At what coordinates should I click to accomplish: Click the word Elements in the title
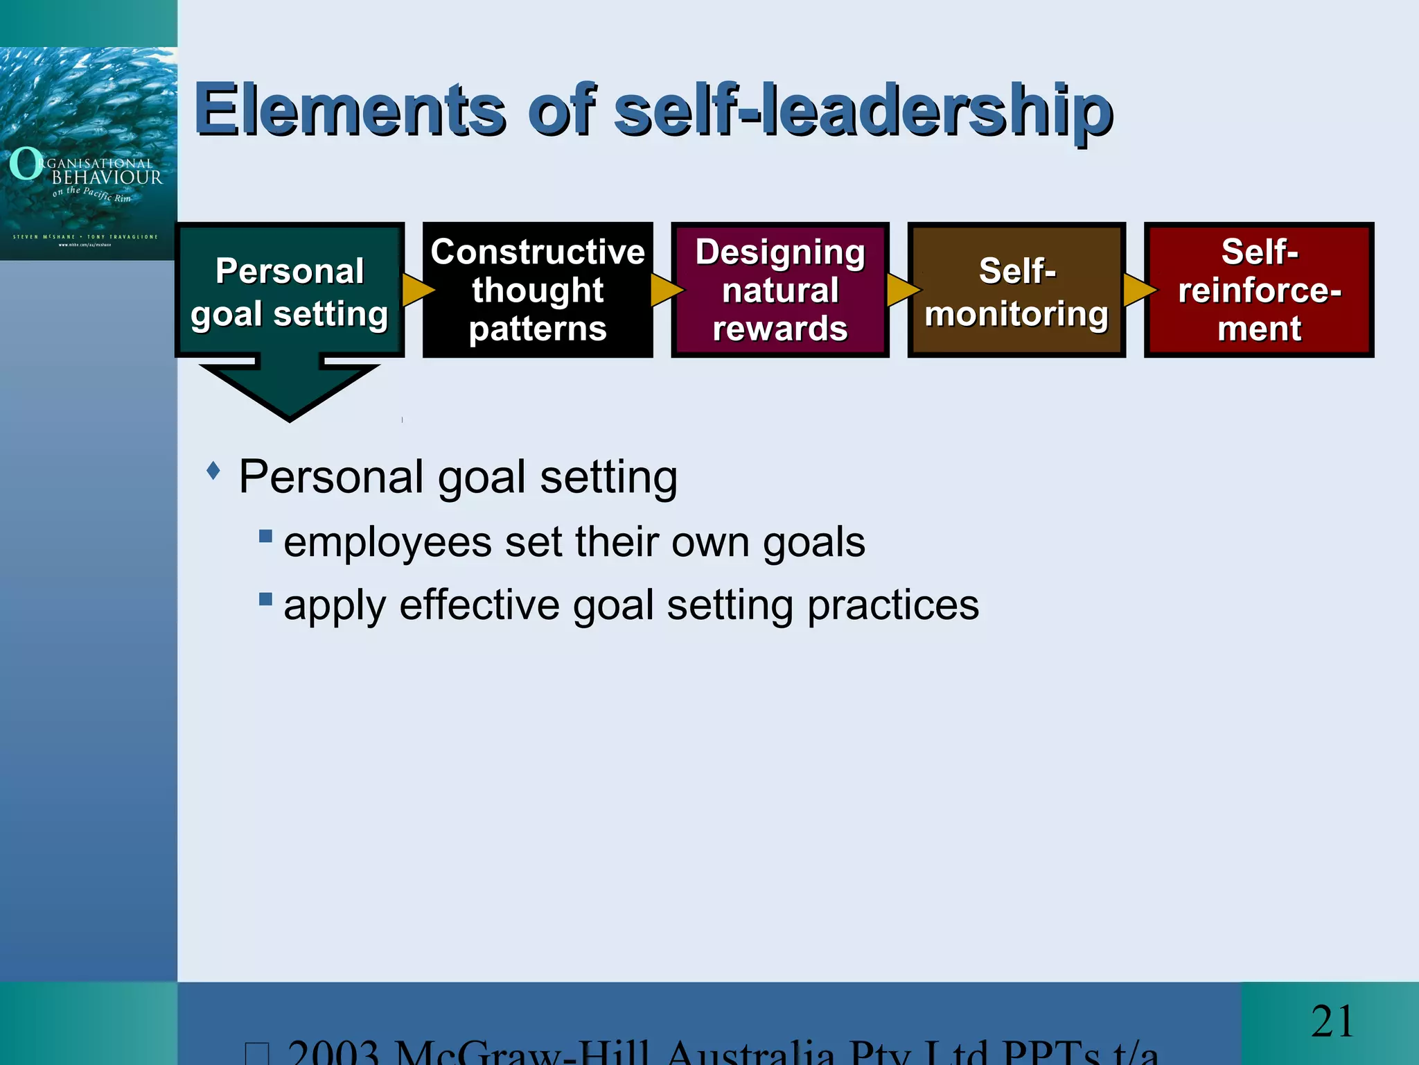[350, 110]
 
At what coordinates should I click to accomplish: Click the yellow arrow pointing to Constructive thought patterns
[416, 290]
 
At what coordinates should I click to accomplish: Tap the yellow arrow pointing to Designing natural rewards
[665, 290]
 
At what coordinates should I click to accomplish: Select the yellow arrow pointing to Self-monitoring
[901, 290]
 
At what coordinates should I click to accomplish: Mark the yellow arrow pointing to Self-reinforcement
[1138, 290]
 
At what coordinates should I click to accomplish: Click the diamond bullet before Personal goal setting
[213, 471]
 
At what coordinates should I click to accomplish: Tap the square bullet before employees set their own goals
[265, 536]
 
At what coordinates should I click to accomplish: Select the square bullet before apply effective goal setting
[265, 599]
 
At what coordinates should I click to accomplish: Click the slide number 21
[1332, 1021]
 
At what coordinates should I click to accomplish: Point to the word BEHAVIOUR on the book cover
[107, 178]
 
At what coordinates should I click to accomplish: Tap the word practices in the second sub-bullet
[893, 605]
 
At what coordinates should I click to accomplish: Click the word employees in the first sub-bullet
[387, 542]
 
